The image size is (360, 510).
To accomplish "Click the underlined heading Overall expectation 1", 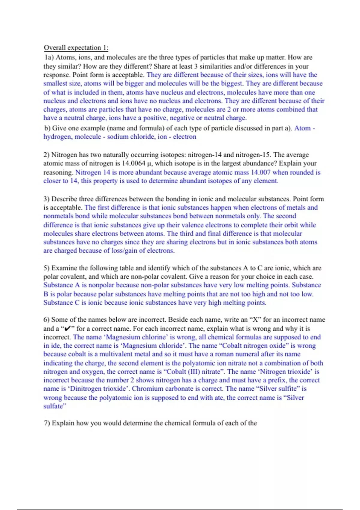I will click(76, 48).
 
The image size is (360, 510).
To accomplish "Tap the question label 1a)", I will click(49, 57).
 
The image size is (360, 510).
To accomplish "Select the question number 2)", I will click(46, 155).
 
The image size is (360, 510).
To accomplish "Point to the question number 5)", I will click(46, 268).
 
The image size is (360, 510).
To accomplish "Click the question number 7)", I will click(47, 423).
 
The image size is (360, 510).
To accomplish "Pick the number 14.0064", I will click(133, 163).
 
